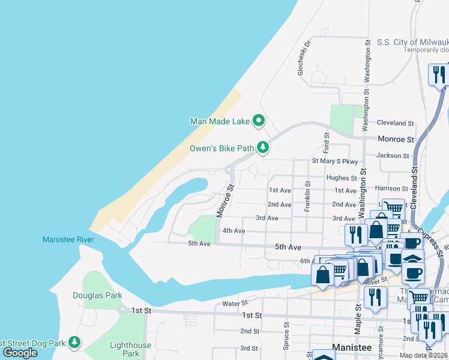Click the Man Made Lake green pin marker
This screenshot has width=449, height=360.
tap(259, 121)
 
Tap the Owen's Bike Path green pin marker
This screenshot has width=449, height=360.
tap(262, 147)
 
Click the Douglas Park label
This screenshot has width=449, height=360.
tap(97, 295)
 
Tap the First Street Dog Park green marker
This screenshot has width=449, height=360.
tap(74, 342)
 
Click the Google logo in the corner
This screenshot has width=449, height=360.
tap(20, 353)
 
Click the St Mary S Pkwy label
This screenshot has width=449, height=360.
tap(334, 161)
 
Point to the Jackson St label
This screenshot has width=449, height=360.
tap(393, 155)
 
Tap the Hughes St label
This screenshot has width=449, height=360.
tap(342, 178)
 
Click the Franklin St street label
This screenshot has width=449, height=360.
tap(307, 197)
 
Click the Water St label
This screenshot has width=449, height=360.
tap(235, 304)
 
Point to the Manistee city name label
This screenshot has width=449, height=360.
tap(352, 348)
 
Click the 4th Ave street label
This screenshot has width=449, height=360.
tap(234, 230)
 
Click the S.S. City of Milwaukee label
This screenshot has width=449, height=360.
tap(412, 42)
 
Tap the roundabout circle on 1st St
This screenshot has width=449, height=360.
tap(122, 310)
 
